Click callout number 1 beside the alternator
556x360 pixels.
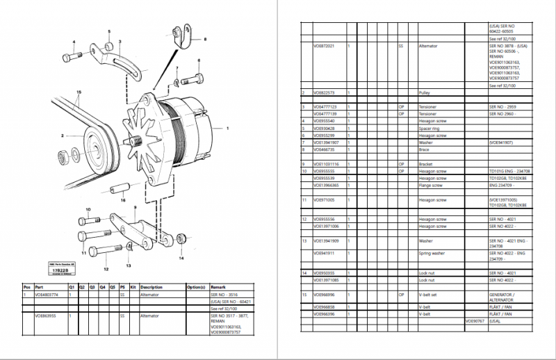(x=227, y=129)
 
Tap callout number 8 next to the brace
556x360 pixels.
(x=205, y=41)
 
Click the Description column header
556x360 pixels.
(x=151, y=286)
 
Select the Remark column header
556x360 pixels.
(x=218, y=286)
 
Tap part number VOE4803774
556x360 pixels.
(x=47, y=295)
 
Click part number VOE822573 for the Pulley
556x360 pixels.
(x=324, y=92)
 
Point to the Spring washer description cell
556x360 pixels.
(x=432, y=254)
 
